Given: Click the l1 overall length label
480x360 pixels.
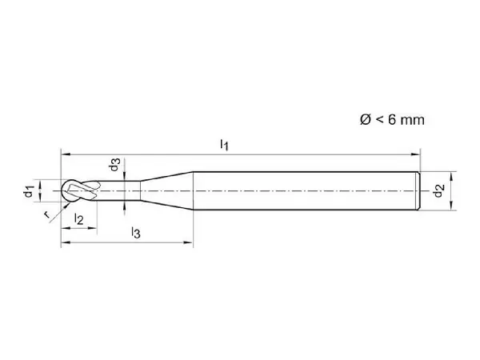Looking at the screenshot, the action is click(224, 145).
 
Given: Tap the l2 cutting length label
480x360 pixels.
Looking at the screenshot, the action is click(78, 219).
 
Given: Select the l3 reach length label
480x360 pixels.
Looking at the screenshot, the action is click(136, 233).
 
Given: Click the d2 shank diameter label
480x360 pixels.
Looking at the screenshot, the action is click(438, 190).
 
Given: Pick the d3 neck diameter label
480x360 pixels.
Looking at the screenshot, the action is click(114, 165).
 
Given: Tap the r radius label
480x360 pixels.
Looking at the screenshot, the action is click(46, 214).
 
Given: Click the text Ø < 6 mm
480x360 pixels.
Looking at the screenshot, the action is click(392, 119).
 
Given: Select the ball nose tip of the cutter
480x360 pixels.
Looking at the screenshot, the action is click(62, 190).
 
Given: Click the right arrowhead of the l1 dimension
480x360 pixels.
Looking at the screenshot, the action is click(416, 154).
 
